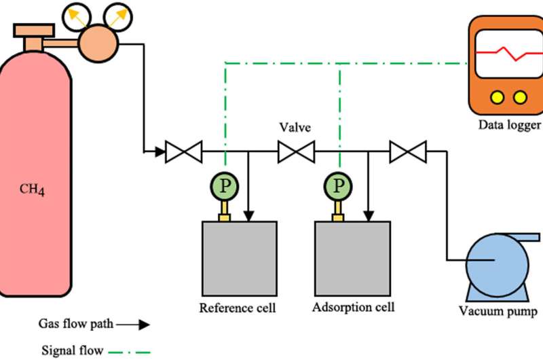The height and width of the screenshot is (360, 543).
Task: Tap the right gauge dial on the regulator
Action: [x=120, y=15]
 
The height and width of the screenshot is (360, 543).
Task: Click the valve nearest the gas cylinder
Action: [x=184, y=151]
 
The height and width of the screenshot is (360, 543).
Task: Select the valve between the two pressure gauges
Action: [x=296, y=151]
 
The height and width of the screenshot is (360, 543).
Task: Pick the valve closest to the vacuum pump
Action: [x=408, y=151]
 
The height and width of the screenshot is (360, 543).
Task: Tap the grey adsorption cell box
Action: [x=353, y=259]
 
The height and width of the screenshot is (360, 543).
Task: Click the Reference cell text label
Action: [x=238, y=308]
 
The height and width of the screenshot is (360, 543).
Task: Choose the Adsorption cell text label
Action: [x=353, y=307]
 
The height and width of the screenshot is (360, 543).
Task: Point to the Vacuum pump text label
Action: [x=498, y=312]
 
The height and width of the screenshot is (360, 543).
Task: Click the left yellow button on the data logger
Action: [x=496, y=97]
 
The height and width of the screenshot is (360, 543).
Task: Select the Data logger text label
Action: [x=509, y=125]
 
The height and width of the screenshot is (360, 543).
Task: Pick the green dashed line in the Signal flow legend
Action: [x=130, y=351]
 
